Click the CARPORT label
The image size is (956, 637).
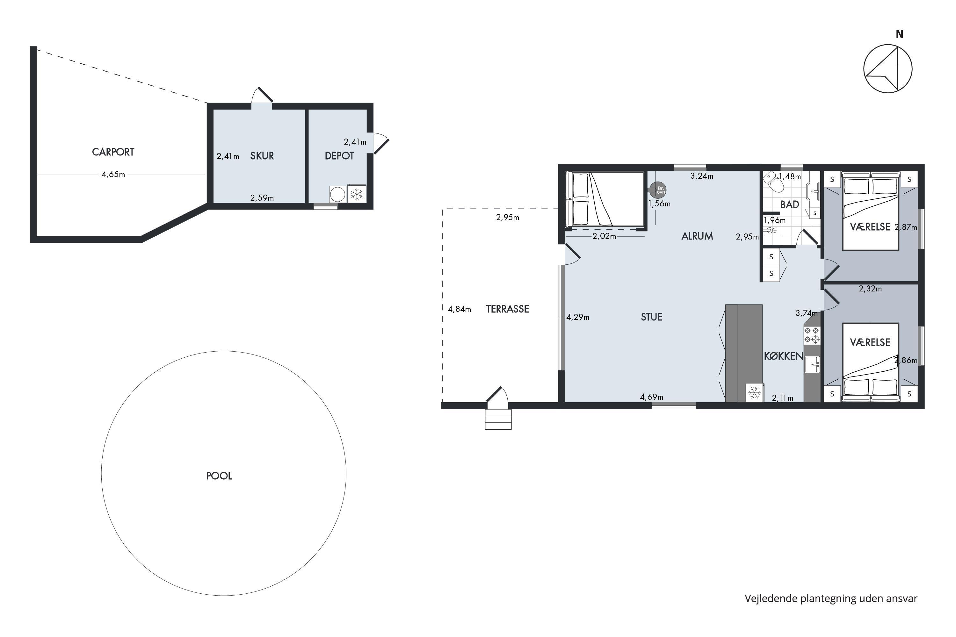coord(113,152)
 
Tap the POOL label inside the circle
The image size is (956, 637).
coord(219,476)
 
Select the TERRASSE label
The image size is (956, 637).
coord(507,309)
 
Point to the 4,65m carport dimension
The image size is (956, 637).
coord(113,174)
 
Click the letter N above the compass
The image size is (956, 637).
coord(900,34)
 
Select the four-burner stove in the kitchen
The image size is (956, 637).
coord(812,335)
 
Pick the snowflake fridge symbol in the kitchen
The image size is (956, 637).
coord(754,393)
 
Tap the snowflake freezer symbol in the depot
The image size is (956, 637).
coord(357,194)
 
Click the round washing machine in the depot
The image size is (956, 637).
coord(337,194)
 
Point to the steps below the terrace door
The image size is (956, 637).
coord(498,419)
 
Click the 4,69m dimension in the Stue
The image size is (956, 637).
coord(652,397)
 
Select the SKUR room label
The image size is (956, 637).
coord(262,156)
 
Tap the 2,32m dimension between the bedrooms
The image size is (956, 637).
coord(870,289)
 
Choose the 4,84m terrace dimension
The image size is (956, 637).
coord(459,309)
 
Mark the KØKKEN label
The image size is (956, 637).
coord(783,356)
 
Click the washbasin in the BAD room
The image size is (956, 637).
coord(813,191)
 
